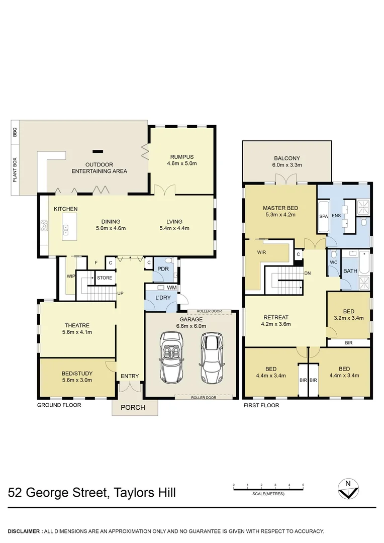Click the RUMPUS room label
coord(181,156)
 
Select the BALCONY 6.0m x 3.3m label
coord(287,157)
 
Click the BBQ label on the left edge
coord(15,132)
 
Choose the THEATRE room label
coord(77,325)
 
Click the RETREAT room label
coord(276,317)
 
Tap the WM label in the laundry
coord(171,288)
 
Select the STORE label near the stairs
coord(104,277)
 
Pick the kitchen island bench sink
coord(66,230)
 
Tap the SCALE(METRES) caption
coord(268,494)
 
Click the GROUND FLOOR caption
coord(59,405)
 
